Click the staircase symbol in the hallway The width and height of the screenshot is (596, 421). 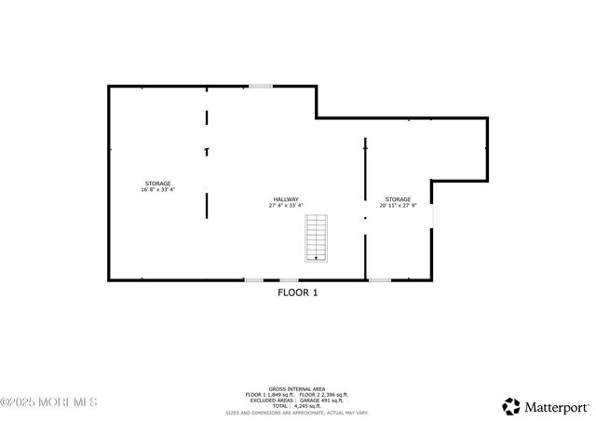point(318,238)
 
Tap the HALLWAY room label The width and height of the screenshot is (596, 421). point(286,199)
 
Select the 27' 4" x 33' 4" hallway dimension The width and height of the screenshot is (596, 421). point(286,206)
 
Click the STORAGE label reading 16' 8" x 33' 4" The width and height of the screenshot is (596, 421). point(157,183)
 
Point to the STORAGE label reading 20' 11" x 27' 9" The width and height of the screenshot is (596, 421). point(398,199)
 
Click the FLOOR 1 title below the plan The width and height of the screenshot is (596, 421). point(298,292)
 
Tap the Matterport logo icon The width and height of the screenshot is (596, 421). point(511,406)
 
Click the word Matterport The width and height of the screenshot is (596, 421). point(556,407)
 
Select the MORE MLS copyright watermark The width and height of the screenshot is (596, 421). point(48,402)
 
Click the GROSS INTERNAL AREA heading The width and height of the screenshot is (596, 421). point(297,388)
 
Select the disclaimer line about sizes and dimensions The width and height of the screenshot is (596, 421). point(297,412)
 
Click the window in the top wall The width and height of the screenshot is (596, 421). point(261,87)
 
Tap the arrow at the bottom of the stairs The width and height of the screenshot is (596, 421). point(318,258)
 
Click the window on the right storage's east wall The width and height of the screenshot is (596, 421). point(432,214)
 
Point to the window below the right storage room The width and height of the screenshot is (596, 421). point(380,279)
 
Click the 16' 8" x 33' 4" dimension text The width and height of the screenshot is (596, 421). point(157,190)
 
